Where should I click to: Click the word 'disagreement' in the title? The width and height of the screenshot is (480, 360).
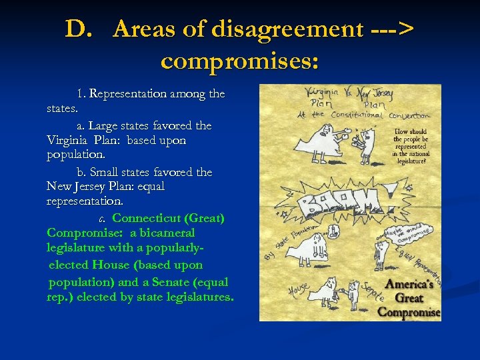pyautogui.click(x=285, y=29)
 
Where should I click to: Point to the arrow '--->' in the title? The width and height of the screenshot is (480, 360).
pyautogui.click(x=391, y=29)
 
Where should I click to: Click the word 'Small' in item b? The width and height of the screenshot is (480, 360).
pyautogui.click(x=115, y=172)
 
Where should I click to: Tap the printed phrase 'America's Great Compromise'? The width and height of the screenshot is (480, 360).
pyautogui.click(x=409, y=297)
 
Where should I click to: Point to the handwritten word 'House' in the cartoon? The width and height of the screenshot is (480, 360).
pyautogui.click(x=298, y=290)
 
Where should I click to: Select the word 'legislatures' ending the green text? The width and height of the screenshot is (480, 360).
pyautogui.click(x=197, y=298)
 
